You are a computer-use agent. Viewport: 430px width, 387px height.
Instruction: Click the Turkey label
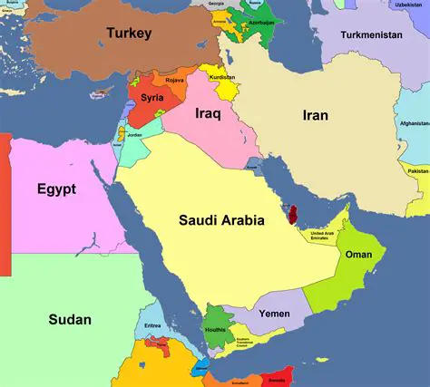128,34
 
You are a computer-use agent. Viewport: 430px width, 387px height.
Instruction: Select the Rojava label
174,80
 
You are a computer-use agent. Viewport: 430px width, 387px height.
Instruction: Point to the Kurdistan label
221,77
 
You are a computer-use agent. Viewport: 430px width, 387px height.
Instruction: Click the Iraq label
209,114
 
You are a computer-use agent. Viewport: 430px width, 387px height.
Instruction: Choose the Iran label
315,115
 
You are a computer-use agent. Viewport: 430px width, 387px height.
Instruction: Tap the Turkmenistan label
371,34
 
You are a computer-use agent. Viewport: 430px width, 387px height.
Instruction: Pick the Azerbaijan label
260,22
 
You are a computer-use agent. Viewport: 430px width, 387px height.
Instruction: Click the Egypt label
56,189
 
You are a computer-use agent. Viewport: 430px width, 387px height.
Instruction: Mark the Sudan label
69,319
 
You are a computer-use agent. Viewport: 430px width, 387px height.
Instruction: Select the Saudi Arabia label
221,219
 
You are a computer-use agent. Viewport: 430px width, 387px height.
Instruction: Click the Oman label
358,255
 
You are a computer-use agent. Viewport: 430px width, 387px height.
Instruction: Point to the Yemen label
274,314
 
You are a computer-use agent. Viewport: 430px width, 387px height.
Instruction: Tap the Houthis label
214,331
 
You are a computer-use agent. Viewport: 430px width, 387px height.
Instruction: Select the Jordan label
134,135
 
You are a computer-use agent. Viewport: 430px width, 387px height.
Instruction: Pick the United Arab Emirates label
327,236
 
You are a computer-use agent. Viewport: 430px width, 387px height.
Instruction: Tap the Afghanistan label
413,124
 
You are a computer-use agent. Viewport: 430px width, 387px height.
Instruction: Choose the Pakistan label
418,170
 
